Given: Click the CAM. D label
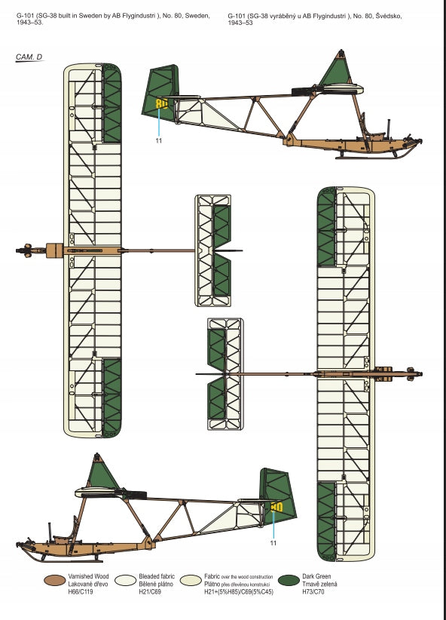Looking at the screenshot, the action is click(29, 57).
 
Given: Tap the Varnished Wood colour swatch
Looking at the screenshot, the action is click(55, 580).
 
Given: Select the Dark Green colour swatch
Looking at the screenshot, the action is click(289, 580).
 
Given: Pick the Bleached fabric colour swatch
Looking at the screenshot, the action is click(126, 580).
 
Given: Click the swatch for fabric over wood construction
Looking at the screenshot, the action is click(191, 580).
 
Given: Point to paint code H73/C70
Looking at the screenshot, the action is click(313, 592).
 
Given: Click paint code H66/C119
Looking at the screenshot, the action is click(81, 592).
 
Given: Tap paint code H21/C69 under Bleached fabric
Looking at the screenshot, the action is click(150, 592).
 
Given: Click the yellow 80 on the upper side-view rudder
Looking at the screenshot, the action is click(161, 103).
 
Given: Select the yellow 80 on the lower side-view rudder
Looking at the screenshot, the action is click(277, 507).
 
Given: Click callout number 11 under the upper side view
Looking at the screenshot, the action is click(159, 140).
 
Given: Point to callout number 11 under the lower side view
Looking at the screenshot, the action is click(273, 543).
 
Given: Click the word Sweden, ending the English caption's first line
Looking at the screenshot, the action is click(197, 16).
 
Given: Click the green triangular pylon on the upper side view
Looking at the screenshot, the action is click(336, 69).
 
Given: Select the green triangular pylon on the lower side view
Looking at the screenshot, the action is click(101, 473).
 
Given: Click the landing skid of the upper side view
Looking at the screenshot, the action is click(365, 157).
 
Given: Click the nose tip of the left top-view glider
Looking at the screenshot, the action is click(17, 250).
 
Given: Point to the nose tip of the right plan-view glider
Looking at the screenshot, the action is click(421, 373).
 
